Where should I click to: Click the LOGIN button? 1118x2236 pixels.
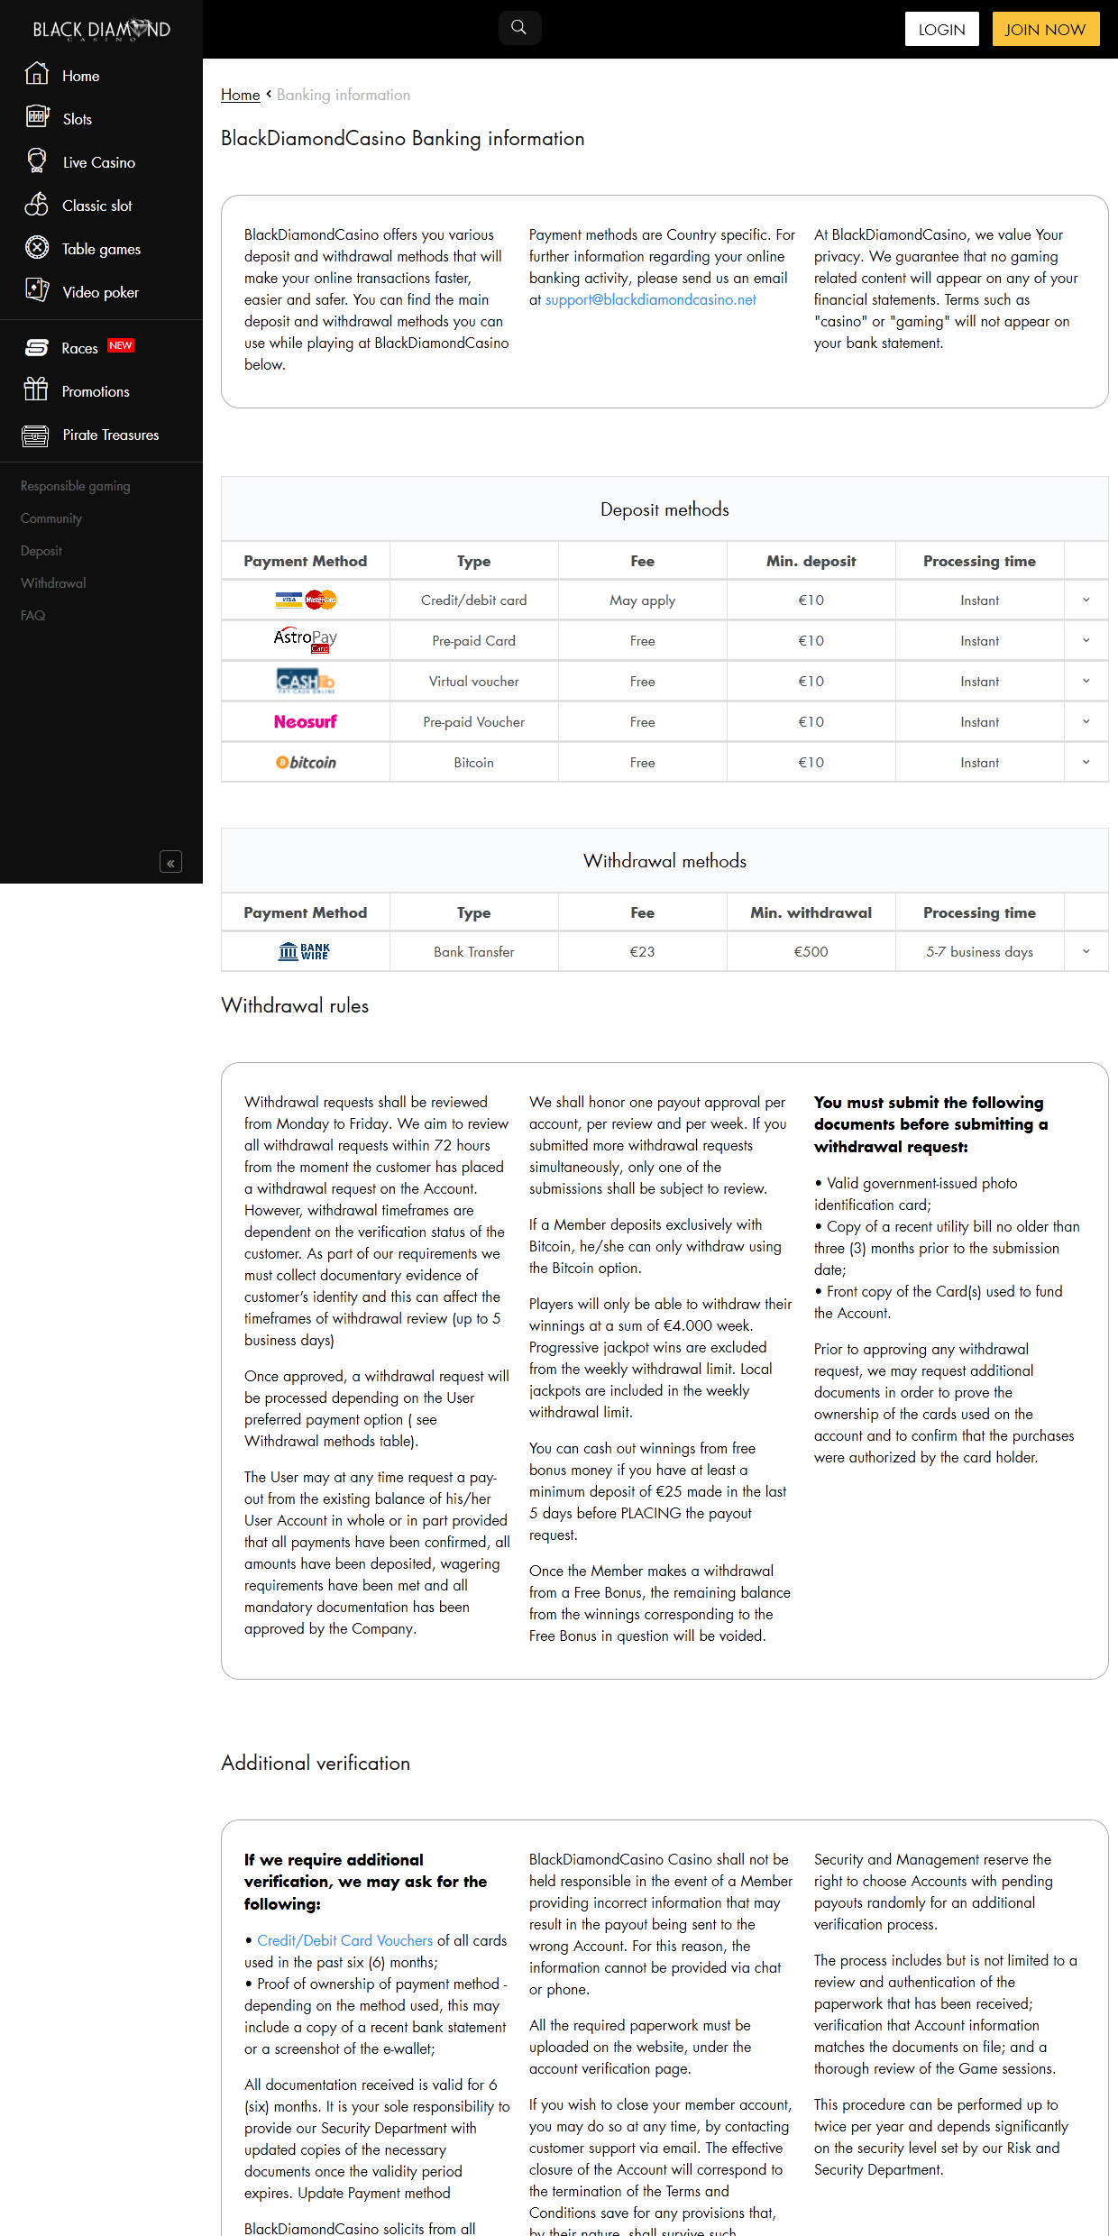(x=941, y=29)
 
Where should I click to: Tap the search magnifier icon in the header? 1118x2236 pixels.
(x=519, y=28)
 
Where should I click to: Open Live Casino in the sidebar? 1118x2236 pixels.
(x=98, y=162)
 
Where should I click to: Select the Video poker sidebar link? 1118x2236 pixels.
(x=100, y=292)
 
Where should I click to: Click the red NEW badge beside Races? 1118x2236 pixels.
(x=121, y=345)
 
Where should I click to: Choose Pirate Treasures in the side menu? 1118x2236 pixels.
(x=110, y=435)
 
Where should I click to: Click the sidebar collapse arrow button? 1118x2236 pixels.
(x=170, y=863)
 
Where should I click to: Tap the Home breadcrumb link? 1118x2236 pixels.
(x=240, y=95)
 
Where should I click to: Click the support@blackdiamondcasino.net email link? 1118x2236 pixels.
(x=650, y=299)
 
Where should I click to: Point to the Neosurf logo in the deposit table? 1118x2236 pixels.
(x=305, y=722)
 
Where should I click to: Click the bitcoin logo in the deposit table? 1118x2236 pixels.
(x=306, y=763)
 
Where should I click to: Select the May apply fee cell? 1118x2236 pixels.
(x=642, y=600)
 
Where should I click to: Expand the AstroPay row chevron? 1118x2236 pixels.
(x=1086, y=641)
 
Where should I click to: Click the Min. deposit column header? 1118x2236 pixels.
(x=811, y=561)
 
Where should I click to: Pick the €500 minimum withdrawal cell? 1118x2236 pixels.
(x=811, y=952)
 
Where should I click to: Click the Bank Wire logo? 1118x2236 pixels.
(x=305, y=952)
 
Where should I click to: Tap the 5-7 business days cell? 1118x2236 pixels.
(x=979, y=952)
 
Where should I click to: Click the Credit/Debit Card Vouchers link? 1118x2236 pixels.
(x=344, y=1940)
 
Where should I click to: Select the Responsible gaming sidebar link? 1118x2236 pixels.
(x=76, y=486)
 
